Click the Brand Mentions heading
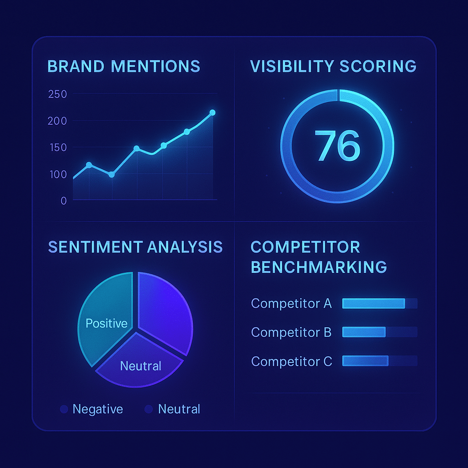click(x=123, y=66)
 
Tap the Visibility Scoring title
click(x=333, y=66)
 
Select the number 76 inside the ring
click(x=337, y=146)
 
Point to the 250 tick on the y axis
click(x=57, y=95)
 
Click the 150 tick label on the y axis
click(x=57, y=148)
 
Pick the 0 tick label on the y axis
click(x=63, y=201)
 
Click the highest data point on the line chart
click(x=212, y=112)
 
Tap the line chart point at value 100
click(x=112, y=175)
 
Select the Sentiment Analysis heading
click(x=135, y=247)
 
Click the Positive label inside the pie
click(x=106, y=324)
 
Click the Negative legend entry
click(x=92, y=409)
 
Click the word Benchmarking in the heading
click(x=319, y=267)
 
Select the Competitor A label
click(x=291, y=303)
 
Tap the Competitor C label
click(x=291, y=362)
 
